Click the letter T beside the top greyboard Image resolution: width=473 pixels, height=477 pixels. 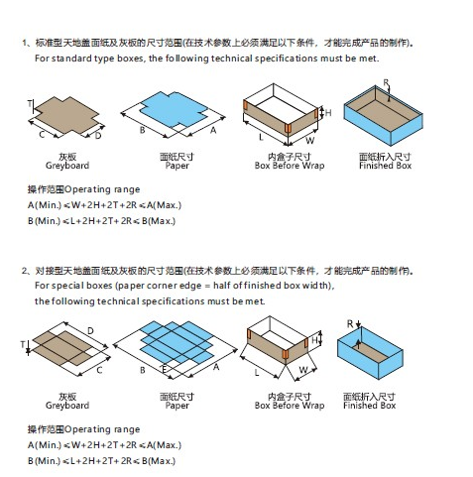click(x=30, y=104)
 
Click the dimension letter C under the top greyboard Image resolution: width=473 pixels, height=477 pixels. click(x=42, y=135)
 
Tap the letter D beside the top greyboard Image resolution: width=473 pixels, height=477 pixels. click(x=98, y=136)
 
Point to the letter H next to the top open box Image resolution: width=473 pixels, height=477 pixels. click(x=328, y=113)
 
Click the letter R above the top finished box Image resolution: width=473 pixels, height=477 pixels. click(x=386, y=82)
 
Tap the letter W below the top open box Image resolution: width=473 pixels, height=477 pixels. click(x=309, y=141)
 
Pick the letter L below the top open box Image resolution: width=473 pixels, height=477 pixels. click(x=261, y=137)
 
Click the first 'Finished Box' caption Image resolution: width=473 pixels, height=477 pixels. click(x=385, y=166)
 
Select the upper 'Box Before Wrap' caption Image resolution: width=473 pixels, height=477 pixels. click(x=290, y=166)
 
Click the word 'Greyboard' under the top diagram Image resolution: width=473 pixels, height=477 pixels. click(x=67, y=166)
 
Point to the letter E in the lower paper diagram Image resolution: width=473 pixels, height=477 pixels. click(x=164, y=369)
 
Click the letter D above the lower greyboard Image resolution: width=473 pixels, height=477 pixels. click(x=90, y=331)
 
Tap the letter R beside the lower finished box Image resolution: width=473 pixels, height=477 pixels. click(x=350, y=324)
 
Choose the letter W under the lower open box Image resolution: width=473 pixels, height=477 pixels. click(x=303, y=370)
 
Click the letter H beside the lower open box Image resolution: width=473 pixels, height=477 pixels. click(x=314, y=340)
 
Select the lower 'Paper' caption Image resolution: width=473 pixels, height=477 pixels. click(x=177, y=406)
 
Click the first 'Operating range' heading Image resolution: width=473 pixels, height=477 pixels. click(x=102, y=189)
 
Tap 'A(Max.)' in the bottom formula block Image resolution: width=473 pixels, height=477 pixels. click(x=165, y=445)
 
